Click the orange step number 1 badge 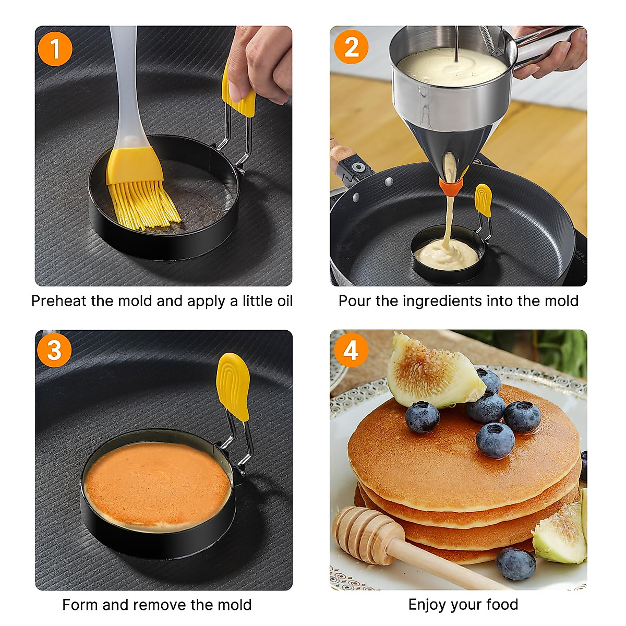[55, 50]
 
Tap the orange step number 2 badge [351, 48]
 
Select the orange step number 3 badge [55, 350]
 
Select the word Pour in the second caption [353, 301]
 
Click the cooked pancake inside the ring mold [156, 483]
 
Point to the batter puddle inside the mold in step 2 [446, 255]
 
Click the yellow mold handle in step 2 [483, 200]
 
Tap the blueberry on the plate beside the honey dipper [515, 563]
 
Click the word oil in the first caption [282, 301]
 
